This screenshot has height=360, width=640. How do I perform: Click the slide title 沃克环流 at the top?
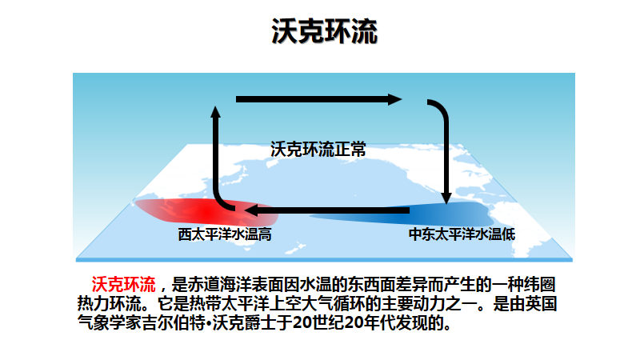(325, 31)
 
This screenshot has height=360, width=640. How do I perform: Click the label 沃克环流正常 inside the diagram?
(318, 150)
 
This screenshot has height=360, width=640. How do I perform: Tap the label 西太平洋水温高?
(225, 234)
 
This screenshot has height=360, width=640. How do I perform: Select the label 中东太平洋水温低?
(462, 234)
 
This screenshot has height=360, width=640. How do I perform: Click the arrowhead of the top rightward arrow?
(395, 99)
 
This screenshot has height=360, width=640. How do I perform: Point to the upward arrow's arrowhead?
(215, 111)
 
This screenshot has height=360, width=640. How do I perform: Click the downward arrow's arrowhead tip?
(446, 204)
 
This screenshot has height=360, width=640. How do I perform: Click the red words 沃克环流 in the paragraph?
(124, 285)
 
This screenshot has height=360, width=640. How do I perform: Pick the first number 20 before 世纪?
(302, 322)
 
